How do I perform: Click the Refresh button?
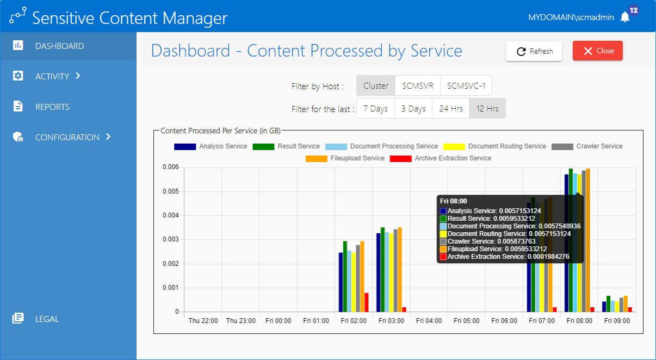pos(534,51)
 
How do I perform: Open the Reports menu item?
pos(52,107)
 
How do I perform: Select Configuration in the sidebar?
pos(67,137)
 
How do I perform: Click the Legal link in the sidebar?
pos(47,319)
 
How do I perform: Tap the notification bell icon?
pos(625,17)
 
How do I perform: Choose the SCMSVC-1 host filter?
pos(466,85)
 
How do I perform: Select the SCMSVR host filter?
pos(418,85)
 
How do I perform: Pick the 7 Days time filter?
pos(375,108)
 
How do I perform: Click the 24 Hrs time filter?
pos(451,108)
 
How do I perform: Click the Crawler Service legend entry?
pos(587,146)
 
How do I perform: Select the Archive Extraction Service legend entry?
pos(441,158)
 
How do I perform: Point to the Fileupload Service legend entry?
pos(345,158)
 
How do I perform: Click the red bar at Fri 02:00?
pos(367,302)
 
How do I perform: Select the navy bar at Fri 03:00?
pos(379,272)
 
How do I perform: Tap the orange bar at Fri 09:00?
pos(626,304)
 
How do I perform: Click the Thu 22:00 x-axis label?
pos(203,321)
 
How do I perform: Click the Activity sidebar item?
pos(52,76)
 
